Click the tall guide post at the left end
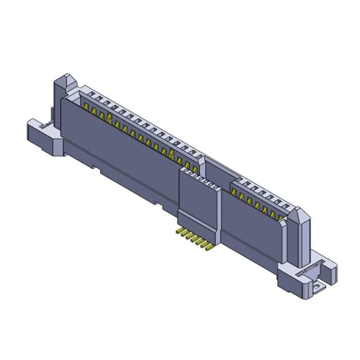coord(62,90)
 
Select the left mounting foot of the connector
coord(45,135)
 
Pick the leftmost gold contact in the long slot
coord(87,106)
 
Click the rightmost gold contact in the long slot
coord(195,167)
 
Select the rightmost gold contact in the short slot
coord(280,217)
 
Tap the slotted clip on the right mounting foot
coord(307,271)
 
